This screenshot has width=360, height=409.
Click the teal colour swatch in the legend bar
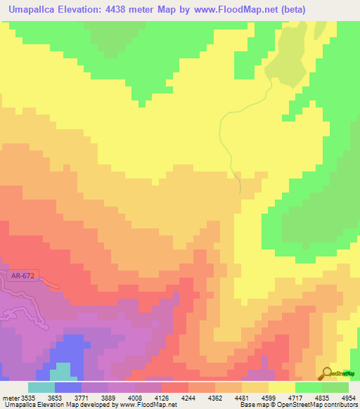tap(41, 387)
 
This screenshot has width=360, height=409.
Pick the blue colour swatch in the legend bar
tap(67, 387)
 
